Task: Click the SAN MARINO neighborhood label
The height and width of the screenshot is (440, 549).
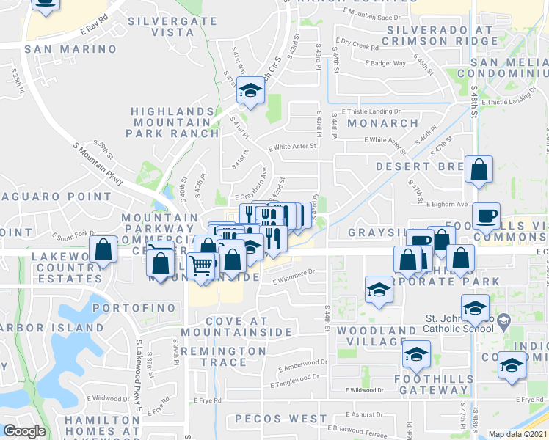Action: point(70,49)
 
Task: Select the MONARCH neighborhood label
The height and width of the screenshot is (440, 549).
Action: point(372,123)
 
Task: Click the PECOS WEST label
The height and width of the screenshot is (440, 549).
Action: point(281,419)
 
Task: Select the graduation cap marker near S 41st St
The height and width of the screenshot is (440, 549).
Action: point(251,91)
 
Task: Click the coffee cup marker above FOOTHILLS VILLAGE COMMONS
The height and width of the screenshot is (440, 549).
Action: point(486,216)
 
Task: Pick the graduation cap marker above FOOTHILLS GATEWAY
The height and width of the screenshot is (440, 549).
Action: point(416,356)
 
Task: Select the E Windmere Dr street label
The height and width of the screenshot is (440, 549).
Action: point(294,276)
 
